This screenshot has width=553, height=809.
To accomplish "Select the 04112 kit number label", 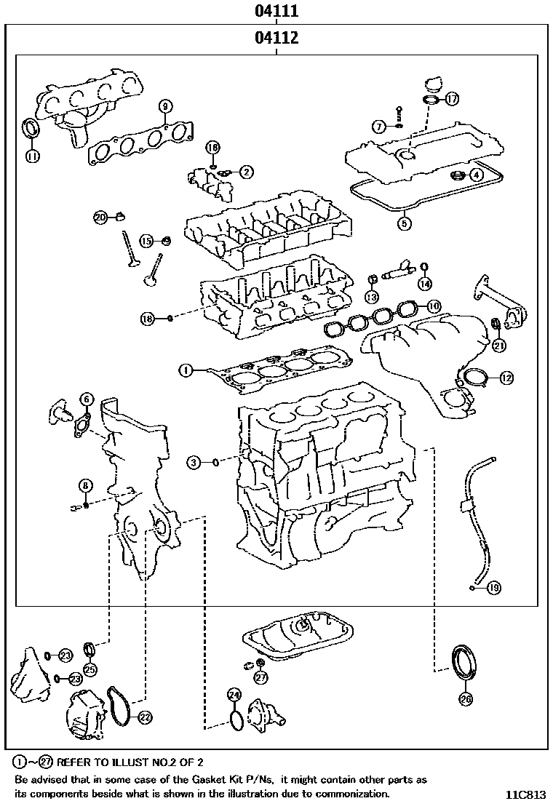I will (276, 38).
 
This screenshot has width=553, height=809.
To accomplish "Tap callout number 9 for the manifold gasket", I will (164, 105).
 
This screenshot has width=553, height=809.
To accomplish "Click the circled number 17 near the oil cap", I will (452, 98).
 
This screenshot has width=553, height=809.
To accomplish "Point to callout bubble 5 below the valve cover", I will (405, 223).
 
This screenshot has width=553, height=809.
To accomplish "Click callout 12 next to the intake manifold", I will (506, 378).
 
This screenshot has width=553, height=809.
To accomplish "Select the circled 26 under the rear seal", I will (466, 699).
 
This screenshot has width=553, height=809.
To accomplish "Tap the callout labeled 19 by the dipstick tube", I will (494, 587).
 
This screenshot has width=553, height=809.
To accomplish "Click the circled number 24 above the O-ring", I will (233, 695).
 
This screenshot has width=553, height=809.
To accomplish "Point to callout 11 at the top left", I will (32, 155).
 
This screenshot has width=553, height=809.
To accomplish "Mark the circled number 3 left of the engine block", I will (193, 461).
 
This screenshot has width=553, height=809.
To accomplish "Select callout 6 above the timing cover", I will (87, 399).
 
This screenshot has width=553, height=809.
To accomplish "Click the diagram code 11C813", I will (525, 794).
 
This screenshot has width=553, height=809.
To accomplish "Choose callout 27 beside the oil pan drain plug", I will (261, 677).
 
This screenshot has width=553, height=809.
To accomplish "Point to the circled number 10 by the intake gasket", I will (434, 306).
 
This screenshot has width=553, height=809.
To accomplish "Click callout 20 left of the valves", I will (101, 216).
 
